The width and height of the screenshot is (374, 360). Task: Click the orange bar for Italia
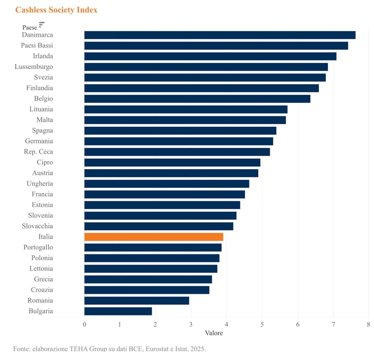(153, 237)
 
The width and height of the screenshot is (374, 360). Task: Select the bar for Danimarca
(220, 35)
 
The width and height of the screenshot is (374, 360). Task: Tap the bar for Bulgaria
(118, 311)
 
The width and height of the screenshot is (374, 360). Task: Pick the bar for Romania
(136, 300)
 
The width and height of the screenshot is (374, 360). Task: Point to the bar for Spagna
(180, 130)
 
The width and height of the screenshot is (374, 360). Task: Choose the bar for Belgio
(197, 99)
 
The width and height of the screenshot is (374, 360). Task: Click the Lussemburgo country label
(34, 66)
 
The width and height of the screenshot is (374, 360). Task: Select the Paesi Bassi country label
(37, 45)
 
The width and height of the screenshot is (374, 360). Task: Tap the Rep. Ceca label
(38, 152)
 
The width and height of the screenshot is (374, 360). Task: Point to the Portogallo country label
(38, 247)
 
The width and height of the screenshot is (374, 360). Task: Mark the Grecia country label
(43, 279)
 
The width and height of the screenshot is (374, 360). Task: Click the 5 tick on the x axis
(262, 325)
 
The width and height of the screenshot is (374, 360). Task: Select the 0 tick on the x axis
(84, 325)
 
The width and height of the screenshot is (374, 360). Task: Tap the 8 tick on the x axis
(368, 325)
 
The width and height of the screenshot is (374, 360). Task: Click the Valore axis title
(214, 333)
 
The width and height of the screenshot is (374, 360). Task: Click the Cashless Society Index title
(56, 10)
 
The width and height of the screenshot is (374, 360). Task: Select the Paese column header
(30, 27)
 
